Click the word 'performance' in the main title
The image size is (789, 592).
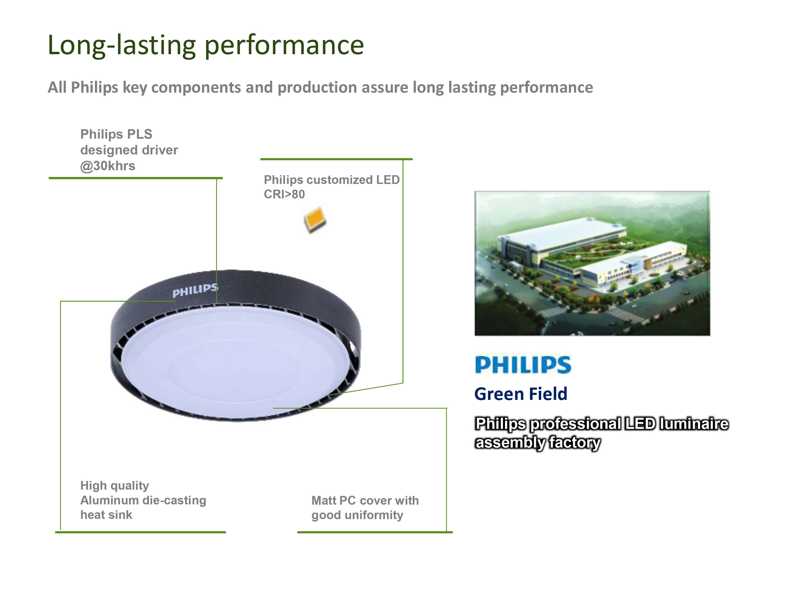284,46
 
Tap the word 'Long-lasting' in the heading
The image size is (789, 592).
121,46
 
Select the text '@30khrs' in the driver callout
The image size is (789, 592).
108,166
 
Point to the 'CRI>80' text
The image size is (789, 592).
284,194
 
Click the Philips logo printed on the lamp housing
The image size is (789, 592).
195,290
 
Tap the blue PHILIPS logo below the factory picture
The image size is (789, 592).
523,365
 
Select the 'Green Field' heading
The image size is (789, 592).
520,394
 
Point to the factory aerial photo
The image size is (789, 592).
592,263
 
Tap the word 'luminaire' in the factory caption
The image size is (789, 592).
694,424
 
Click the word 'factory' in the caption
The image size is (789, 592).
574,443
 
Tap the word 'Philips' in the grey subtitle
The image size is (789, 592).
94,87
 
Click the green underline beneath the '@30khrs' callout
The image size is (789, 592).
135,178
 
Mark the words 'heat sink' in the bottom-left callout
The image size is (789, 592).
106,515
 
